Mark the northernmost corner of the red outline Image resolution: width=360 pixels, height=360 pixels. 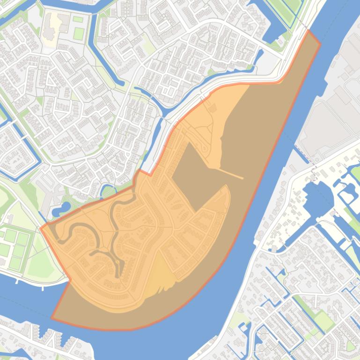click(309, 30)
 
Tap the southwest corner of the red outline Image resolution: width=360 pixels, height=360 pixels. click(51, 318)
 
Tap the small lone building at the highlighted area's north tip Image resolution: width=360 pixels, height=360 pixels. click(212, 108)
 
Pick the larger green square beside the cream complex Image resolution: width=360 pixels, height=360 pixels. click(79, 33)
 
